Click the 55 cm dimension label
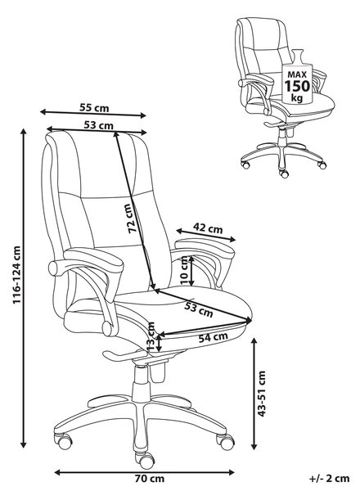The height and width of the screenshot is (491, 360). pyautogui.click(x=94, y=108)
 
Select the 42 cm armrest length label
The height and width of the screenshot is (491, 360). pyautogui.click(x=208, y=228)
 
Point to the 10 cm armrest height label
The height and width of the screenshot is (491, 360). pyautogui.click(x=186, y=271)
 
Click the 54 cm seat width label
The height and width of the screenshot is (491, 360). pyautogui.click(x=214, y=337)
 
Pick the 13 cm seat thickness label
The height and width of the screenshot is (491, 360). pyautogui.click(x=151, y=336)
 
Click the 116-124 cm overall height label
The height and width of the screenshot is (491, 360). pyautogui.click(x=16, y=275)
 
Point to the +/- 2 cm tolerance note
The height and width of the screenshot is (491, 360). pyautogui.click(x=330, y=479)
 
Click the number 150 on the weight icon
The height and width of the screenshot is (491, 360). pyautogui.click(x=297, y=86)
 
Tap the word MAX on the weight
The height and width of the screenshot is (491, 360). pyautogui.click(x=297, y=74)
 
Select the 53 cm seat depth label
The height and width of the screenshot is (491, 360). pyautogui.click(x=198, y=309)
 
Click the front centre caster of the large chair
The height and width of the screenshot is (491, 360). pyautogui.click(x=146, y=459)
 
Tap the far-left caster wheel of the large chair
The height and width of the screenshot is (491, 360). pyautogui.click(x=64, y=442)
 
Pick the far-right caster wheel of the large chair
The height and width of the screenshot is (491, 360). pyautogui.click(x=225, y=442)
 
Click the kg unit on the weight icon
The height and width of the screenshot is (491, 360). pyautogui.click(x=297, y=98)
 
